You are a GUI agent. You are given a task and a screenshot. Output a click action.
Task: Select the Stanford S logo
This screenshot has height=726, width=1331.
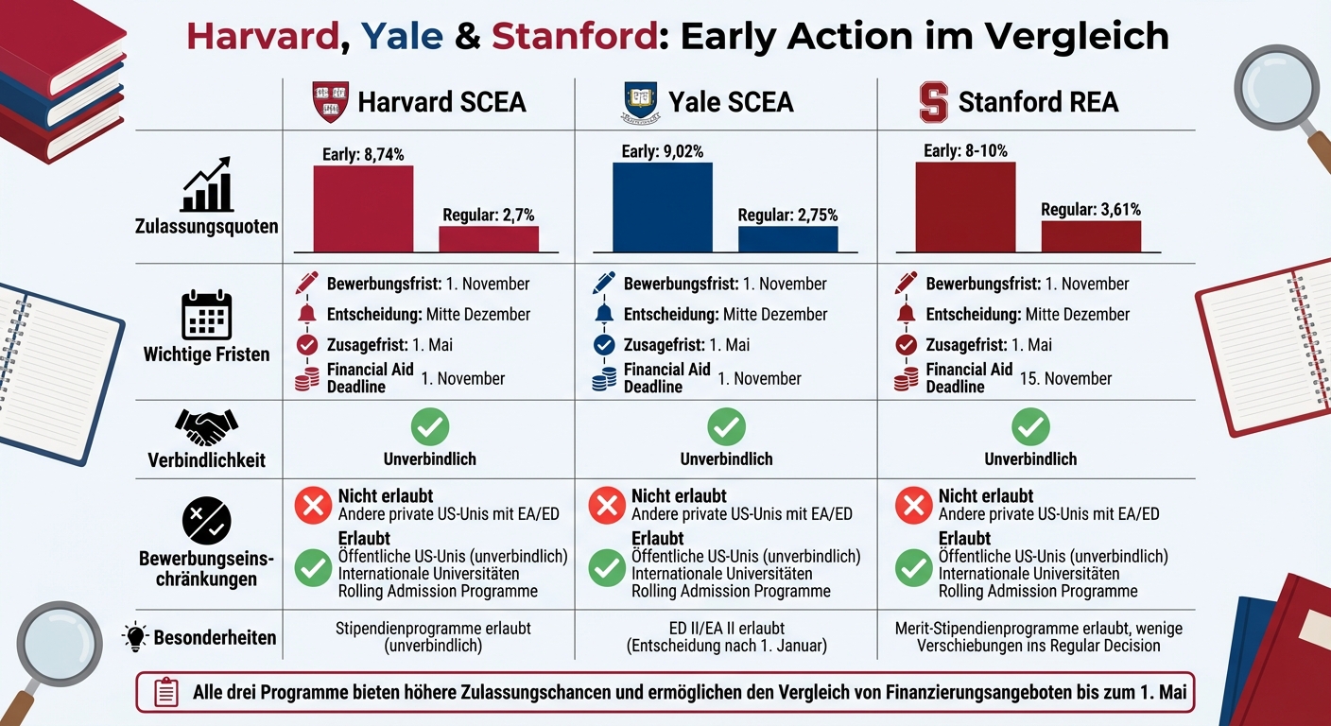coord(934,102)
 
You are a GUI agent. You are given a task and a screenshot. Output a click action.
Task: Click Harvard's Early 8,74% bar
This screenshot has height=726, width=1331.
coord(363,209)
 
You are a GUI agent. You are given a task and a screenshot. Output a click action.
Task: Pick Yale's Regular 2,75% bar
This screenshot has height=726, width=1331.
coord(787,239)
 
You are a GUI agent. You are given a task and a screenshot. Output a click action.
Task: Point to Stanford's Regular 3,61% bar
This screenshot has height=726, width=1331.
coord(1091,236)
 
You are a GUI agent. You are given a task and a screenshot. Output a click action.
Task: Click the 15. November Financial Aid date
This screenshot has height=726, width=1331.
coord(1065,378)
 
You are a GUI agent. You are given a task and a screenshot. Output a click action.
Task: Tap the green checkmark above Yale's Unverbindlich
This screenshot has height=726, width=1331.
coord(726,427)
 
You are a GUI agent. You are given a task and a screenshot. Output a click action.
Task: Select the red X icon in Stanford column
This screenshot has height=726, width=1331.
coord(913,506)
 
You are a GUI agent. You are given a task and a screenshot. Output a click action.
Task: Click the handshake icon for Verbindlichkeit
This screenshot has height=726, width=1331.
coord(206,427)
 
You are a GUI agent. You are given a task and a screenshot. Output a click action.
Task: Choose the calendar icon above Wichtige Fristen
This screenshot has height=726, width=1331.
coord(206,316)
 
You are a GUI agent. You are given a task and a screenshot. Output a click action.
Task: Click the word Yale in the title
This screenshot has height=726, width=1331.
coord(402,35)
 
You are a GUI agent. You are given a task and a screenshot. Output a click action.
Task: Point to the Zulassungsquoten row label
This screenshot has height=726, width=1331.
coord(206,227)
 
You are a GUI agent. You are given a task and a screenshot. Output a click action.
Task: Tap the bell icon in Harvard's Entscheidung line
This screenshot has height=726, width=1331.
coord(307,314)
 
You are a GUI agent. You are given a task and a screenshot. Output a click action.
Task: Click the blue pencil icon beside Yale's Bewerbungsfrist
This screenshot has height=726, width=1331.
coord(604,283)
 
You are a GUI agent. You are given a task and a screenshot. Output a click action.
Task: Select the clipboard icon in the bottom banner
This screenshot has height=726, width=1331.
coord(165,692)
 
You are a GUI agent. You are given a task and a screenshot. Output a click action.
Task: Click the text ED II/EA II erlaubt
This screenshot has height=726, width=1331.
coord(726,628)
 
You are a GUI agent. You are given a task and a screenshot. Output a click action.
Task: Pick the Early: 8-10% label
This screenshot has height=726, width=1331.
coord(965,150)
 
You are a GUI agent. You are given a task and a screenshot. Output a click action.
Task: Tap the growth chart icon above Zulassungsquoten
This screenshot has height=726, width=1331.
coord(206,185)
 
